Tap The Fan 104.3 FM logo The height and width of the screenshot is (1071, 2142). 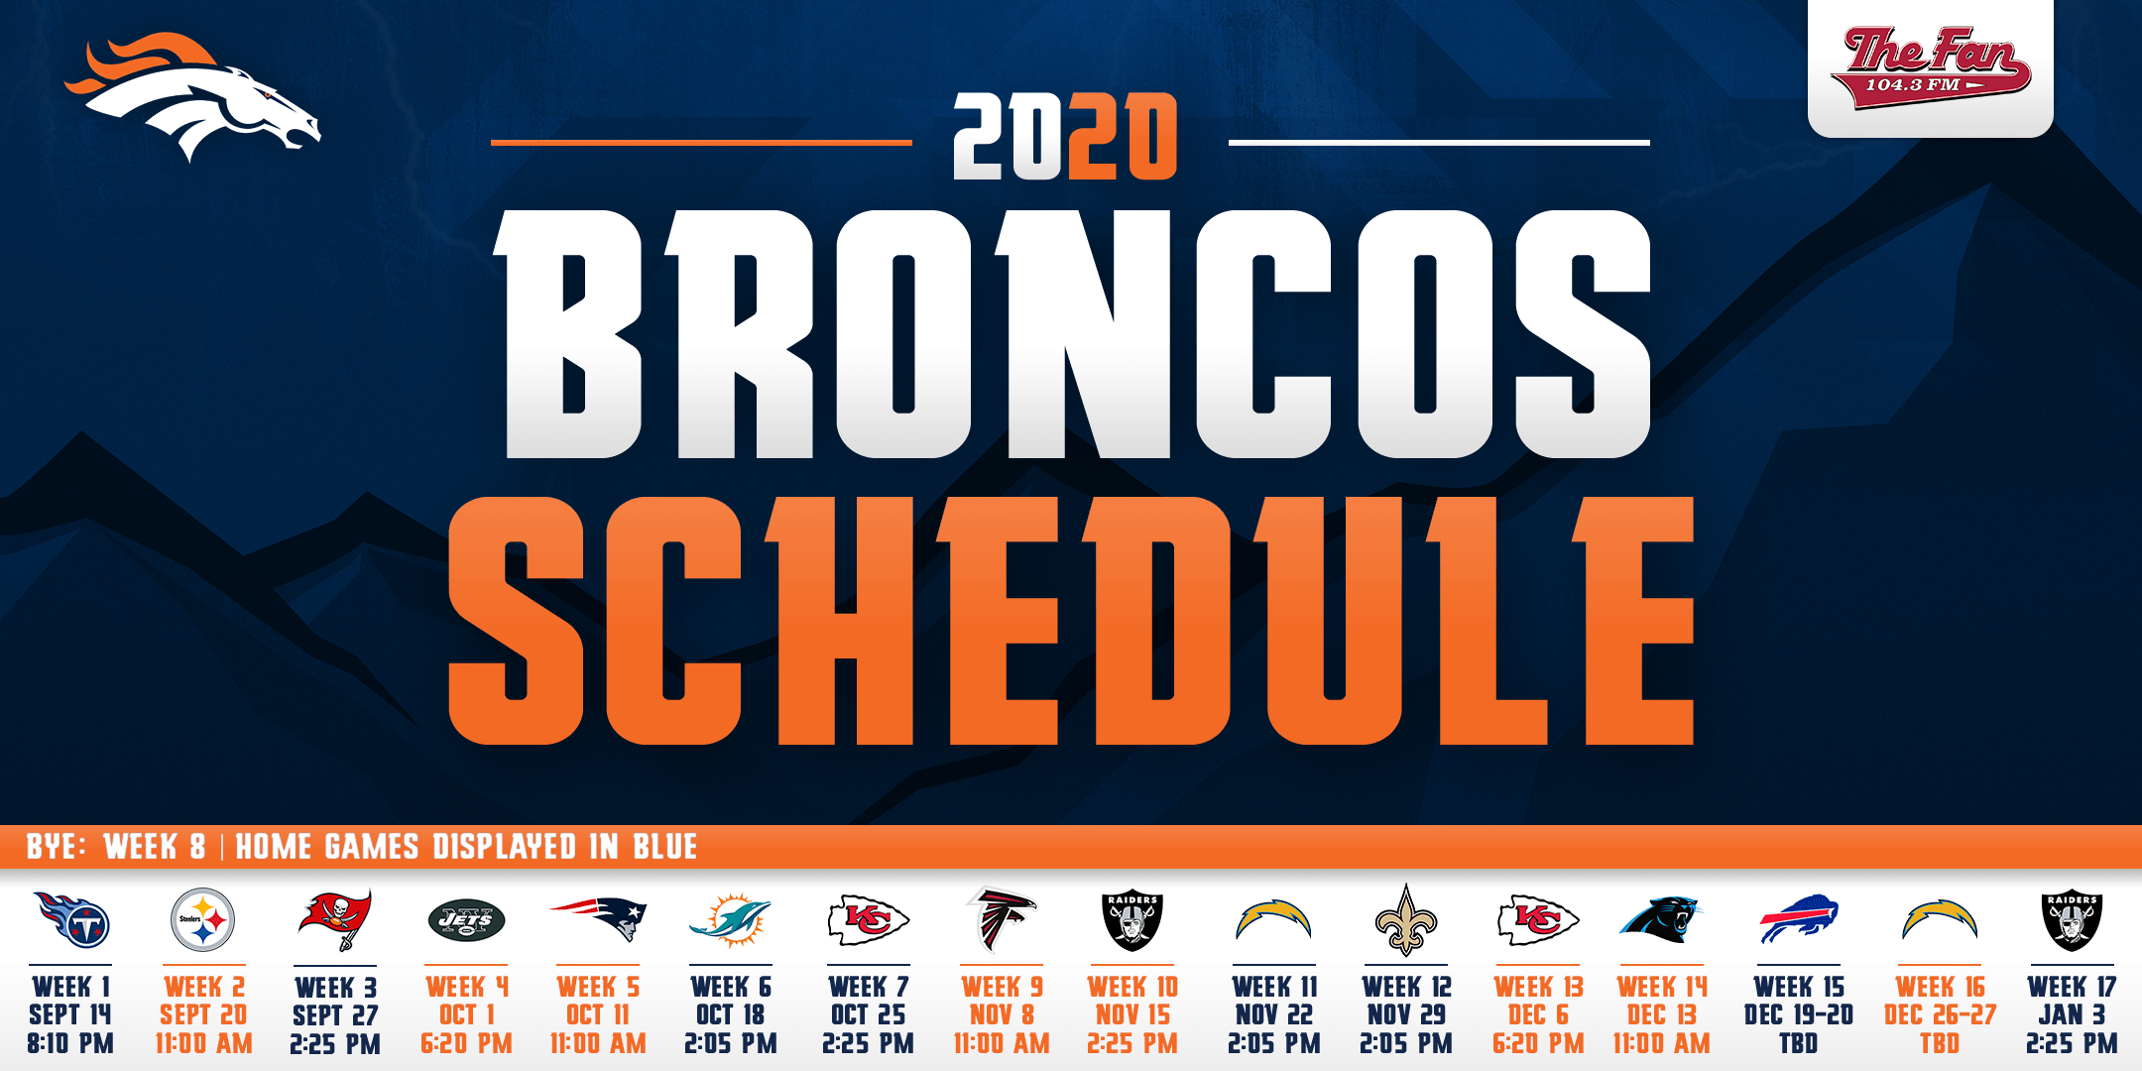[x=1930, y=67]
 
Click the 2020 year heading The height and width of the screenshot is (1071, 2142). [x=1065, y=137]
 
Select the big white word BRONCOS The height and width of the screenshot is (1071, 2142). [x=1073, y=334]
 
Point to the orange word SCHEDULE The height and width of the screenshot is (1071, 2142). [x=1071, y=621]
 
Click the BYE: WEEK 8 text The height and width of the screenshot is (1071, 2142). [x=116, y=847]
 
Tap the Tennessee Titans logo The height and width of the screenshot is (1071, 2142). [x=71, y=919]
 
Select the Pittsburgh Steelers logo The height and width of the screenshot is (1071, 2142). [x=202, y=920]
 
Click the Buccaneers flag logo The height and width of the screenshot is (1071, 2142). [x=335, y=919]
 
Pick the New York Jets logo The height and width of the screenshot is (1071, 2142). [x=466, y=921]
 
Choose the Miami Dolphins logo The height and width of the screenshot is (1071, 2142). [x=730, y=918]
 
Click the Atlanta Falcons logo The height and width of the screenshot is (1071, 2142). [x=1002, y=918]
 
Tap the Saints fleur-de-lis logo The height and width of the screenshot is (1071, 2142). [x=1405, y=919]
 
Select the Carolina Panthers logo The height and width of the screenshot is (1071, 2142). [x=1660, y=919]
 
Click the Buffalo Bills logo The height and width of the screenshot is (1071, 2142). [x=1799, y=919]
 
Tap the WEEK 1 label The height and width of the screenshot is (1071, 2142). [x=70, y=987]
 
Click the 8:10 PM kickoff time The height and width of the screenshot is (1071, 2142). [x=70, y=1043]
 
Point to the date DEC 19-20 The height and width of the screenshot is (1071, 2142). [x=1799, y=1014]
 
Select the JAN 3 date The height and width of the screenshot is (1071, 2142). [x=2072, y=1014]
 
